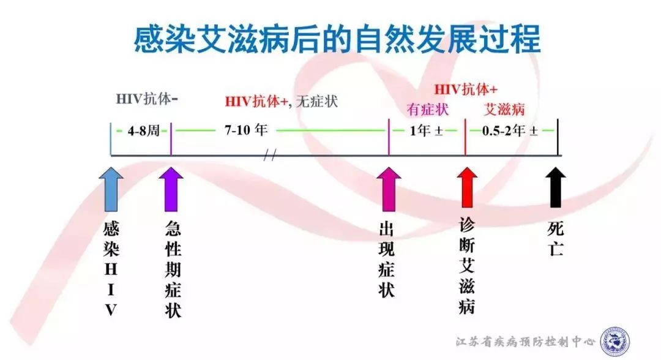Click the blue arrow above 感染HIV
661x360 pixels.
click(111, 189)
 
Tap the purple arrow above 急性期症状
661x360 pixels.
click(171, 189)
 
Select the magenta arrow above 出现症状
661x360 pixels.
click(389, 189)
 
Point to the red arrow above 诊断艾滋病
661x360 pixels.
click(467, 188)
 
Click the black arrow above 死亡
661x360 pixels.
click(556, 187)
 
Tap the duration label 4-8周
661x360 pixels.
click(143, 130)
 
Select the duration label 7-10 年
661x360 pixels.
click(246, 130)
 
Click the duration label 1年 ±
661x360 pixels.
click(426, 130)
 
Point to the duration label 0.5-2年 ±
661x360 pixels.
click(510, 130)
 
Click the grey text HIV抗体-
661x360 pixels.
click(147, 99)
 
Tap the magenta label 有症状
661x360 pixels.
click(427, 110)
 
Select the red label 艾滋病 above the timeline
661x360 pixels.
click(504, 110)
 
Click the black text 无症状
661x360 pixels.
click(316, 102)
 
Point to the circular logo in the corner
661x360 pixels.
click(615, 341)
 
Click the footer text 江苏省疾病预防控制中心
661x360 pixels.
click(525, 341)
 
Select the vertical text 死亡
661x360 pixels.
click(556, 239)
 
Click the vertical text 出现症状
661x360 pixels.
click(387, 260)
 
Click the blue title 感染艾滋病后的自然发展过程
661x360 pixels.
click(337, 39)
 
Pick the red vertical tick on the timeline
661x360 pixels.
click(465, 137)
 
